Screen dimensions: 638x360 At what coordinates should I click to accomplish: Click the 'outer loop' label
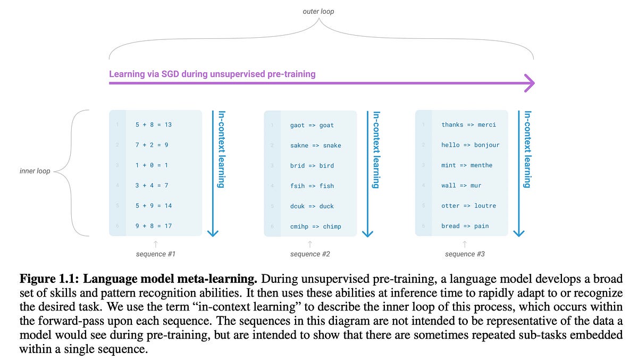tap(318, 11)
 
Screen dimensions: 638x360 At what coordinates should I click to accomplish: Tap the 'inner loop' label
tap(36, 171)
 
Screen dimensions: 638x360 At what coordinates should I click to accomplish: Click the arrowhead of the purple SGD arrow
tap(529, 83)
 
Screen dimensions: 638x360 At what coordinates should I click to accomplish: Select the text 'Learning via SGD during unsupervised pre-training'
tap(212, 74)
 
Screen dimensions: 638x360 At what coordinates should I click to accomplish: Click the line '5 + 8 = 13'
tap(153, 124)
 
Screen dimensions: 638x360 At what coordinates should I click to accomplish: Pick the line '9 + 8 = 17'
tap(153, 226)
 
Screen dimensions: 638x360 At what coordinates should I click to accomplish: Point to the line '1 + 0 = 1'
tap(152, 165)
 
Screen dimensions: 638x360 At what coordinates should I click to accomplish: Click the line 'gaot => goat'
tap(312, 125)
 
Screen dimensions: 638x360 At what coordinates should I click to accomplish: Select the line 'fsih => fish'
tap(312, 186)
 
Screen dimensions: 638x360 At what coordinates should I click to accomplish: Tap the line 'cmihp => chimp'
tap(316, 227)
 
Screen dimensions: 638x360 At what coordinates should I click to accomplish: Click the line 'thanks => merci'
tap(468, 125)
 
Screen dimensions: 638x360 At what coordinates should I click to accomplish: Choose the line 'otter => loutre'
tap(468, 206)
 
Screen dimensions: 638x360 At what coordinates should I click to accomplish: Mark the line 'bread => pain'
tap(465, 226)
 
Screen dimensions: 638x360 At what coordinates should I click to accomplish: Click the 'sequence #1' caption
tap(155, 254)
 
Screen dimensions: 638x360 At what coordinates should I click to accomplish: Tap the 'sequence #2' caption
tap(310, 254)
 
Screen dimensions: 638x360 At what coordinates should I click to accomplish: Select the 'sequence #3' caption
tap(465, 254)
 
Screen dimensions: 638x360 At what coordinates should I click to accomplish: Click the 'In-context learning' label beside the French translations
tap(527, 149)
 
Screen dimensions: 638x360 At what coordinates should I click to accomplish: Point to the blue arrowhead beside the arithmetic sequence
tap(213, 232)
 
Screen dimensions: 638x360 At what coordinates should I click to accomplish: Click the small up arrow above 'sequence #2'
tap(310, 244)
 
